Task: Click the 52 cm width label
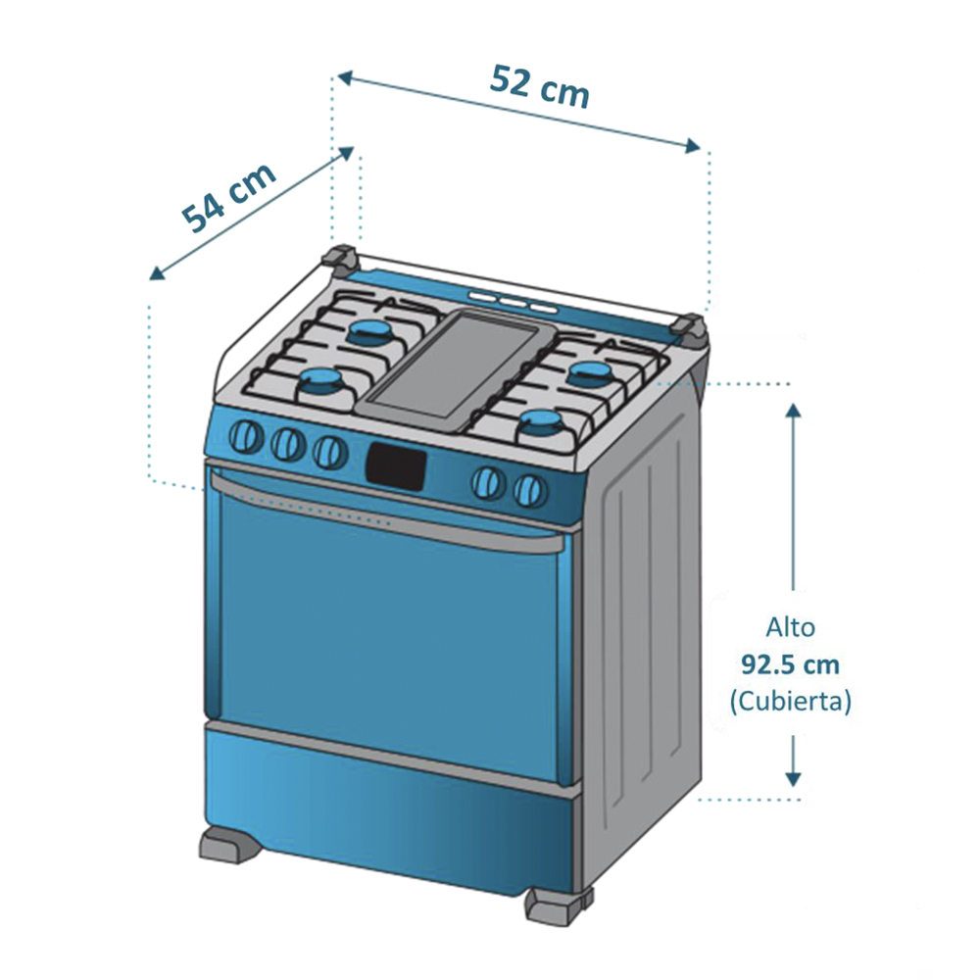[x=539, y=87]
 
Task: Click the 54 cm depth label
[x=228, y=197]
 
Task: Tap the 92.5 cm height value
[x=790, y=664]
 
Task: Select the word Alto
[x=790, y=627]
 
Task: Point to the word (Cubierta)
[x=790, y=702]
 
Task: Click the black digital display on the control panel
[x=396, y=465]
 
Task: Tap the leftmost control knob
[x=246, y=436]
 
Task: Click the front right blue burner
[x=542, y=424]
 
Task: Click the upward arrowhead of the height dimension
[x=793, y=411]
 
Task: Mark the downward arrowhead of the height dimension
[x=793, y=779]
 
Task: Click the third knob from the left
[x=330, y=451]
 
